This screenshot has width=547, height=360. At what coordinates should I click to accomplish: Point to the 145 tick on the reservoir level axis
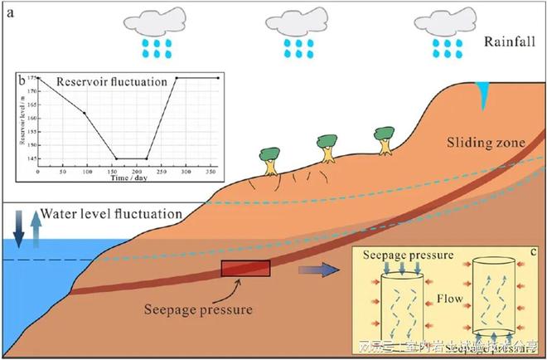point(32,158)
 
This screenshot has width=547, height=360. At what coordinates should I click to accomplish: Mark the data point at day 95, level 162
point(84,113)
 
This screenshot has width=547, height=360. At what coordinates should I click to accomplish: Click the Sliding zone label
point(492,142)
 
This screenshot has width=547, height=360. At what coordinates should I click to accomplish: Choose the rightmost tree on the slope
point(385,139)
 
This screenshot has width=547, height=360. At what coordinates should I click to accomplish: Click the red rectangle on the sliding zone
point(245,270)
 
